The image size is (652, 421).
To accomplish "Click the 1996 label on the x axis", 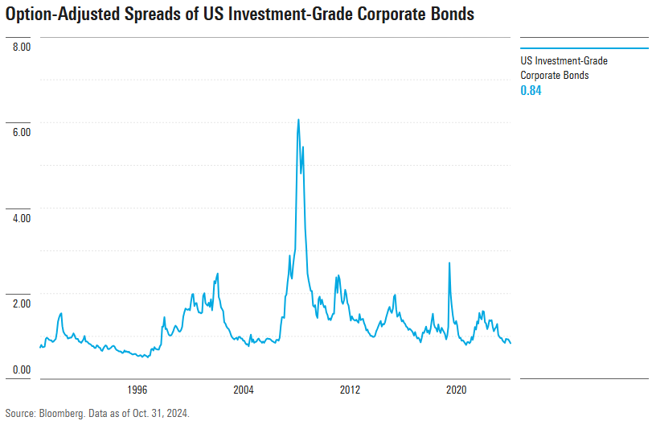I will (x=137, y=390).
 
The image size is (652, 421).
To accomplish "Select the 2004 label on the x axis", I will (x=244, y=390).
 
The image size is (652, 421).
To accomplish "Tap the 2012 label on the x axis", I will (x=351, y=390).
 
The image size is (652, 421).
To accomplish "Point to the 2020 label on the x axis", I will (x=457, y=390).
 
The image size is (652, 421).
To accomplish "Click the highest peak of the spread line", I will (x=298, y=120).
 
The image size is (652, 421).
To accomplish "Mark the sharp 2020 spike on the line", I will (x=449, y=263).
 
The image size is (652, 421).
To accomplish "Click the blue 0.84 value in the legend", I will (x=531, y=90).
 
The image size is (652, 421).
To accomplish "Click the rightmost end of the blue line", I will (x=511, y=343).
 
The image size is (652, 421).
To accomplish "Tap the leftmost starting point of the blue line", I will (x=39, y=347).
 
